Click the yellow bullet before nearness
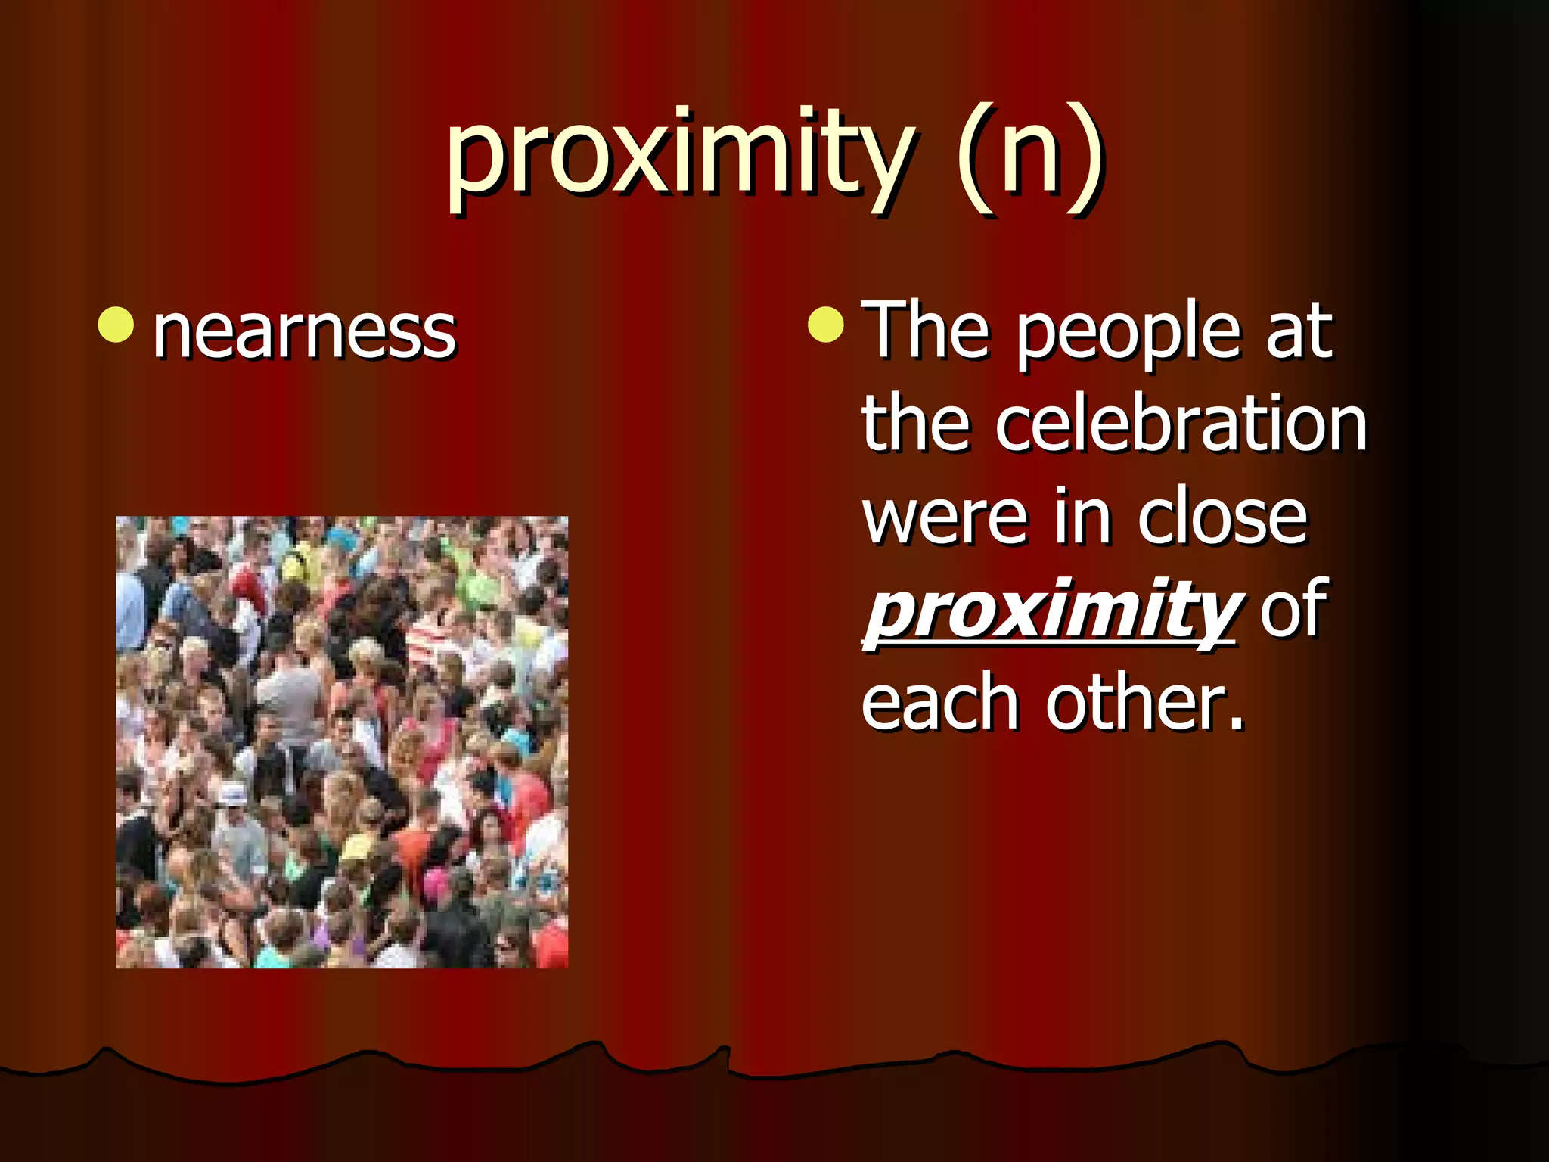(116, 325)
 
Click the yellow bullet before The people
(825, 325)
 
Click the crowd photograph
(341, 741)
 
